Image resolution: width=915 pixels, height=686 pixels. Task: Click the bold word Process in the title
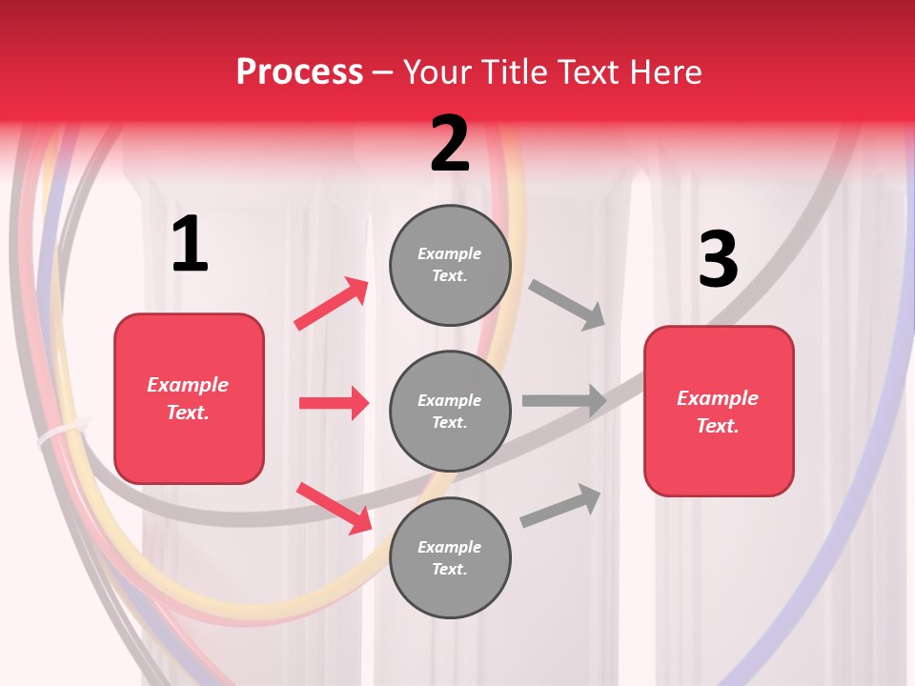pyautogui.click(x=299, y=71)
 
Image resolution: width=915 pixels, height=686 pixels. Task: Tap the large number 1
pyautogui.click(x=190, y=244)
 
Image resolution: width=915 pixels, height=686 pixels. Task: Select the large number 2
pyautogui.click(x=450, y=143)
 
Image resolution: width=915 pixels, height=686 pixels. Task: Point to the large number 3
pyautogui.click(x=718, y=259)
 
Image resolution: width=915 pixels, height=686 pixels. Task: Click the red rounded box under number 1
pyautogui.click(x=189, y=398)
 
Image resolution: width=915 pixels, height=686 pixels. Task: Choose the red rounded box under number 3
pyautogui.click(x=719, y=412)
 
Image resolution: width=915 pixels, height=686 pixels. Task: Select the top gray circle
pyautogui.click(x=450, y=265)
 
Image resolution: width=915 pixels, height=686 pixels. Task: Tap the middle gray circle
pyautogui.click(x=450, y=411)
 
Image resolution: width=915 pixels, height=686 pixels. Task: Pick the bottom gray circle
pyautogui.click(x=450, y=557)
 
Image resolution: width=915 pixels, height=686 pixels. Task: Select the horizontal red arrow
pyautogui.click(x=334, y=403)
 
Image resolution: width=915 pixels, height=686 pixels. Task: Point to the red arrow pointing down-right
pyautogui.click(x=335, y=508)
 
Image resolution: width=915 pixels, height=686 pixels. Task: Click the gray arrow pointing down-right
pyautogui.click(x=567, y=304)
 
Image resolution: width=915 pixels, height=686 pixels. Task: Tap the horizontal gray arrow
pyautogui.click(x=564, y=400)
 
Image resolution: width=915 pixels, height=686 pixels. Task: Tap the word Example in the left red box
pyautogui.click(x=188, y=385)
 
